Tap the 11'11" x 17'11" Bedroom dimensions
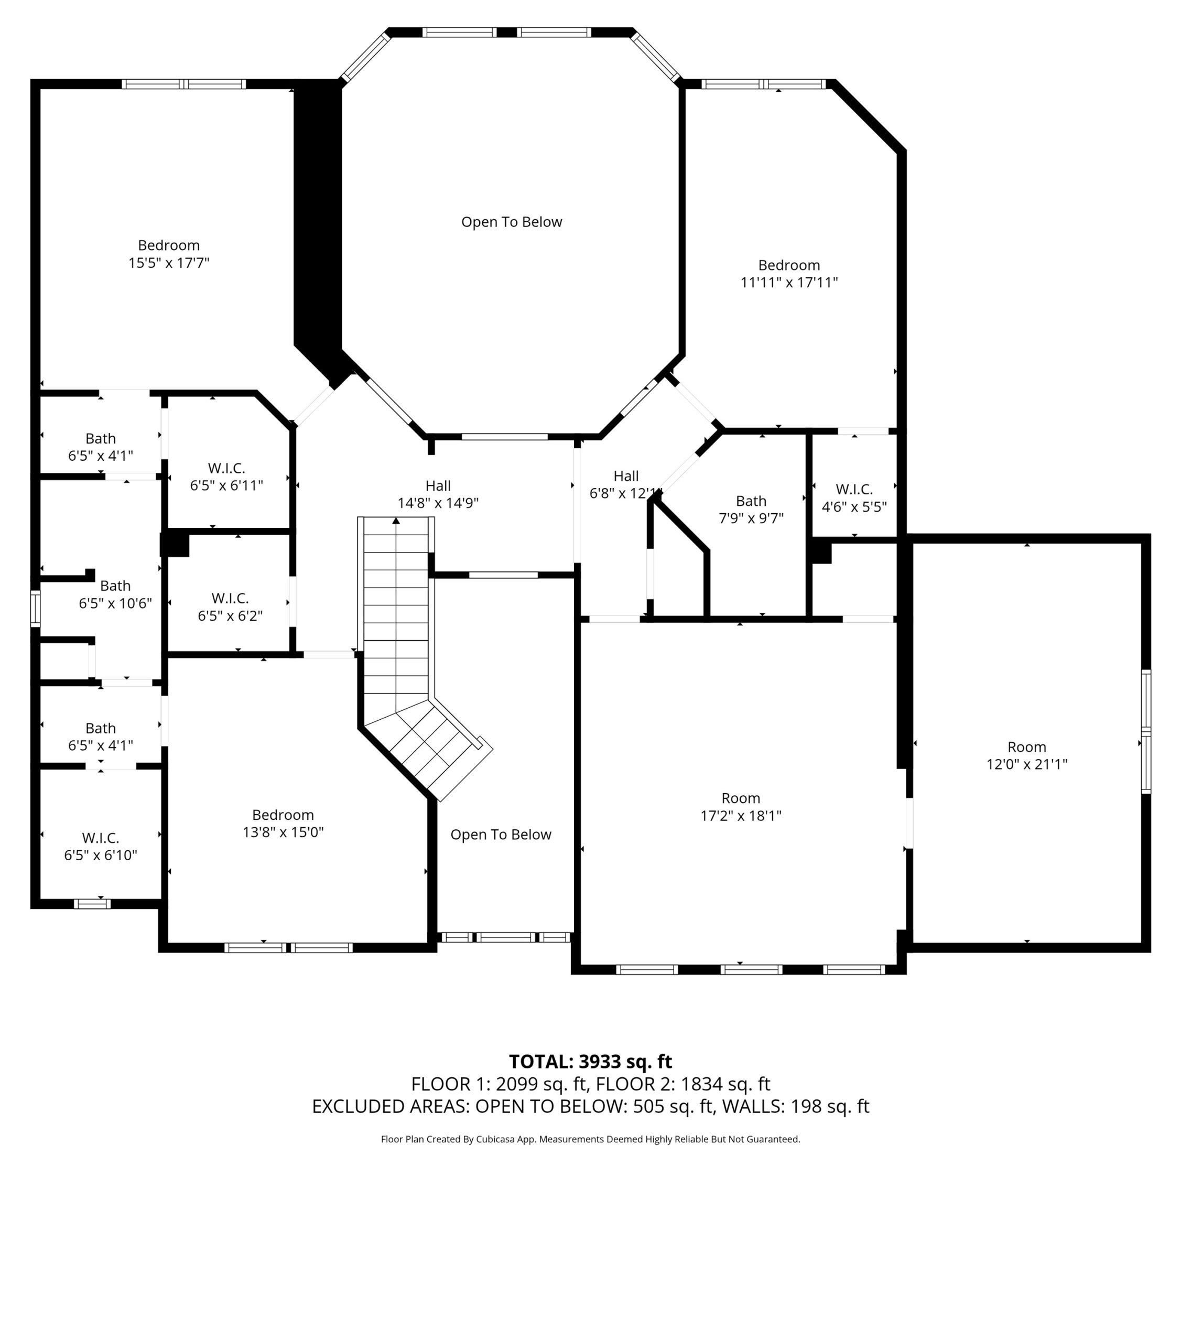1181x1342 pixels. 789,283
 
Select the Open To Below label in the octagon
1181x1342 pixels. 512,222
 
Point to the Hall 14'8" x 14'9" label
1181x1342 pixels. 438,494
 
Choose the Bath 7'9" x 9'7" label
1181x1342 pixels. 751,510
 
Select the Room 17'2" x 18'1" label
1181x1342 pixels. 741,807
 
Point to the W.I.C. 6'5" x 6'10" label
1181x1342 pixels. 101,846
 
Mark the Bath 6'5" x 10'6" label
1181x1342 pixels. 115,594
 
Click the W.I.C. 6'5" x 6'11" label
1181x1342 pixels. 226,477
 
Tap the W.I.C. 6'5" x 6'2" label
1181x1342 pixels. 230,607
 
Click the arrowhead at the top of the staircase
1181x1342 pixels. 396,521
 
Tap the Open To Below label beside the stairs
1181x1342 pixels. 501,835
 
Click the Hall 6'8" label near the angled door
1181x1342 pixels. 625,484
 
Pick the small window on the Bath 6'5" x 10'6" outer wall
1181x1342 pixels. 36,608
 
